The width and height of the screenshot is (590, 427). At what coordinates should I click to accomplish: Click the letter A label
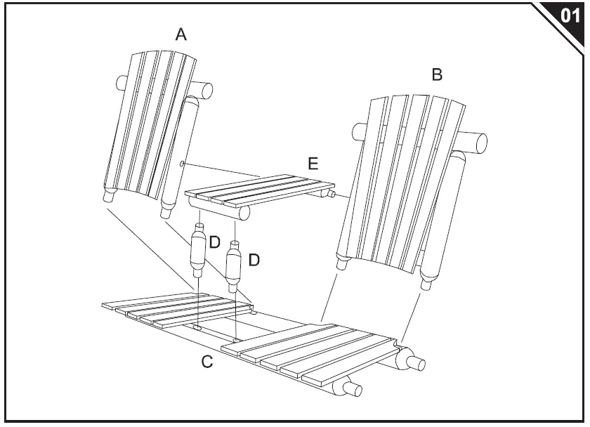(x=181, y=34)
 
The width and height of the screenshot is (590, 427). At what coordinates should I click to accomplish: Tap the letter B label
(x=437, y=74)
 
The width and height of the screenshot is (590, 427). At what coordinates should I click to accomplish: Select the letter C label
(x=206, y=362)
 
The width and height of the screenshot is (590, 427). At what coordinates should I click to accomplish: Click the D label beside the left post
(x=215, y=242)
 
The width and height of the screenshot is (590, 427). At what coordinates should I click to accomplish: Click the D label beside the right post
(x=254, y=260)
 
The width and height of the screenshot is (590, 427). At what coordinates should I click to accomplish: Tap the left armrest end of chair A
(x=122, y=84)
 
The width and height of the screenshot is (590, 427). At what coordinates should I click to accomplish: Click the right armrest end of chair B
(x=480, y=143)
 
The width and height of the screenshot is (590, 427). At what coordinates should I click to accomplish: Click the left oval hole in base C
(x=199, y=327)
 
